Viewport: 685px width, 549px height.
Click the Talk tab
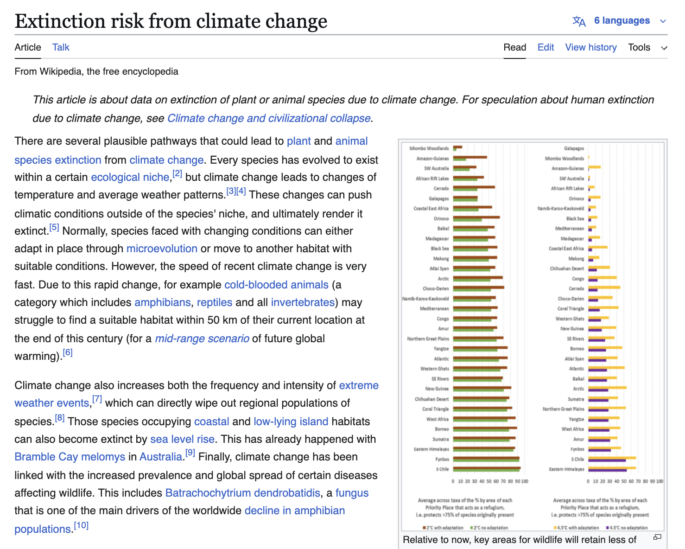(60, 47)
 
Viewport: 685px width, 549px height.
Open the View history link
(590, 47)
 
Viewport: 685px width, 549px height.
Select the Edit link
(545, 47)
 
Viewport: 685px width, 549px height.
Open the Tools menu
(647, 47)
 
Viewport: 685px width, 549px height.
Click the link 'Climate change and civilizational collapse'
(269, 118)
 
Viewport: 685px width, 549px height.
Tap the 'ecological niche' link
(130, 177)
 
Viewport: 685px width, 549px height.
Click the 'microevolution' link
(162, 249)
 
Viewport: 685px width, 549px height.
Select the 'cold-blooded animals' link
(276, 284)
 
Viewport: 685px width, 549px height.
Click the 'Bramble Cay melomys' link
(70, 457)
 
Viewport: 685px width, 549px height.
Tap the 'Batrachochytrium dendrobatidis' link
(242, 492)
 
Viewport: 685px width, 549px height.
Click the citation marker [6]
(68, 352)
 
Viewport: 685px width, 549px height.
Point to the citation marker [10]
(81, 525)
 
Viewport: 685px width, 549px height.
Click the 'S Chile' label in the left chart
(442, 469)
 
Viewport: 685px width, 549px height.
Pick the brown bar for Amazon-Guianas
(470, 157)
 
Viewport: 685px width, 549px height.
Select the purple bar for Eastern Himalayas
(607, 470)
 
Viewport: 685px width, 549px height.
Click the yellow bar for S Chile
(612, 458)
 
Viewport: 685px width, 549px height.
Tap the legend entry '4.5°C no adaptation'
(627, 528)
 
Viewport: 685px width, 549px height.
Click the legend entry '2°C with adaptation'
(443, 528)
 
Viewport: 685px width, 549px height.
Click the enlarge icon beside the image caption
(657, 537)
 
